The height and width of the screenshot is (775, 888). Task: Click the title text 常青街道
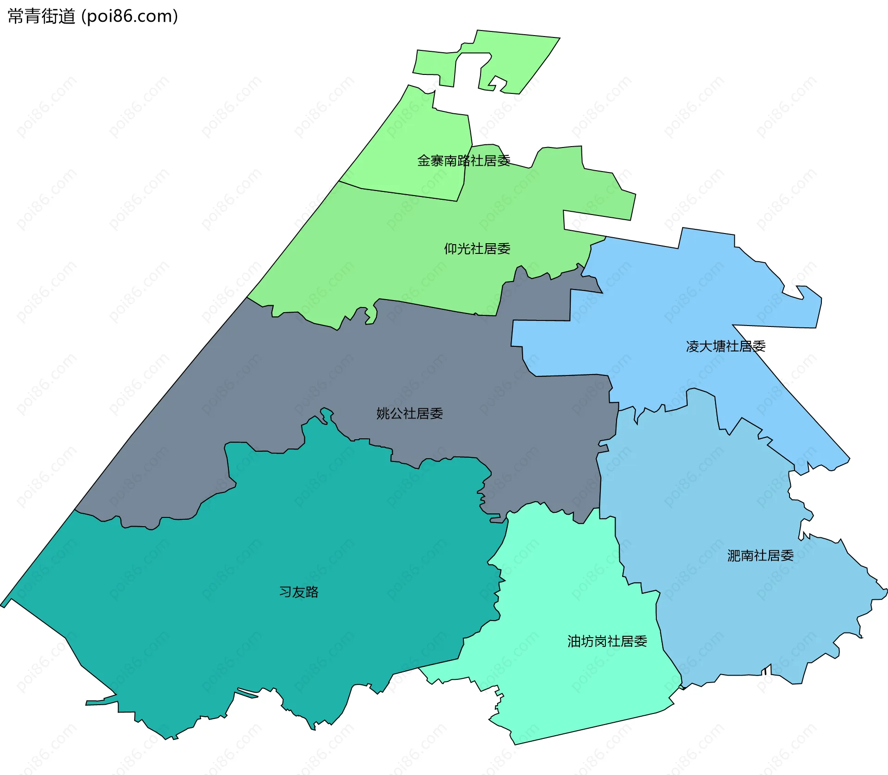pos(42,17)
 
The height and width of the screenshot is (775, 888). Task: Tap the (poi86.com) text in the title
pos(129,17)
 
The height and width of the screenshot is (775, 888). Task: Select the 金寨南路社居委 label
pos(463,160)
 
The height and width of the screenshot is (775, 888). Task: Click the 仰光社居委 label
pos(477,249)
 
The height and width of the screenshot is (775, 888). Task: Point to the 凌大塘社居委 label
pos(726,346)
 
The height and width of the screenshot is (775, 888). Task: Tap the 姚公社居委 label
pos(409,413)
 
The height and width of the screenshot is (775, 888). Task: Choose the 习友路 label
pos(299,592)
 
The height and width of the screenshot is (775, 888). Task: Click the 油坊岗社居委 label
pos(607,641)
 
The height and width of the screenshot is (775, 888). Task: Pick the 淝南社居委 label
pos(760,555)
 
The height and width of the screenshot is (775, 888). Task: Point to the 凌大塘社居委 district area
pos(671,301)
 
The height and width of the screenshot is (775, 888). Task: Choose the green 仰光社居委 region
pos(393,259)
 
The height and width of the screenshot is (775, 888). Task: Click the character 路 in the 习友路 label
pos(312,592)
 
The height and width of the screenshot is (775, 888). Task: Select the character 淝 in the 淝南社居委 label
pos(734,555)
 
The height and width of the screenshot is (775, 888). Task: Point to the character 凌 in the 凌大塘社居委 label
pos(693,346)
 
